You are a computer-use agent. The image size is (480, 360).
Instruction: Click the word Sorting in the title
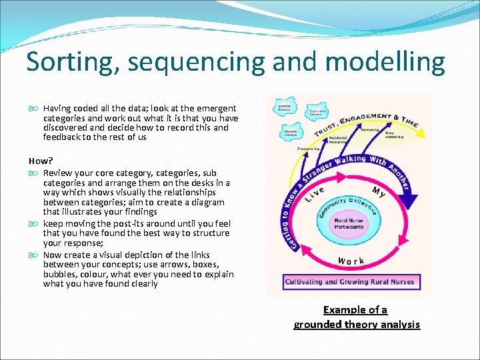coord(66,63)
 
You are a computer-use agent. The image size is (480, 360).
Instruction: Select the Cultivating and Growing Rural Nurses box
coord(350,281)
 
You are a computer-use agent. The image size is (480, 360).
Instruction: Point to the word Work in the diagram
coord(351,261)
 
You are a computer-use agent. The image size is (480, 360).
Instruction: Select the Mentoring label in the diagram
coord(370,129)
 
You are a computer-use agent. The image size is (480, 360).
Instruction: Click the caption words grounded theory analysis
coord(357,325)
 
